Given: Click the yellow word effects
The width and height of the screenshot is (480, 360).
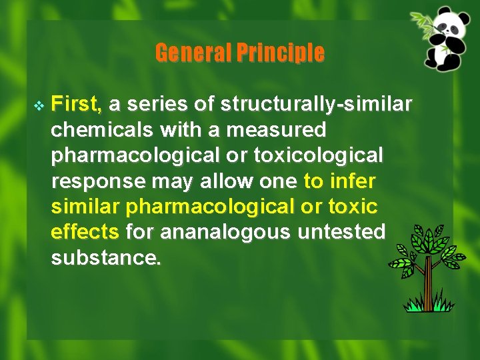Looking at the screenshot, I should click(85, 231).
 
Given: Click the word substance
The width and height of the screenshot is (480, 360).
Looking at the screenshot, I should click(105, 257).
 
